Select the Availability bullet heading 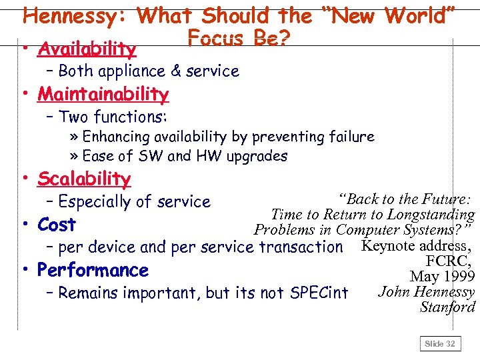point(87,49)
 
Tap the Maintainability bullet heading point(103,94)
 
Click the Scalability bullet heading point(84,179)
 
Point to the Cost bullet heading point(57,225)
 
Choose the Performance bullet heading point(93,270)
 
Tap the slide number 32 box point(440,343)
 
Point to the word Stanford point(447,307)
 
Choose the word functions point(131,117)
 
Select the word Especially point(96,201)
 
